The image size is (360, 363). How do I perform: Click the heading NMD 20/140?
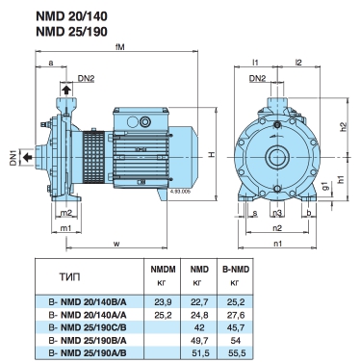(71, 16)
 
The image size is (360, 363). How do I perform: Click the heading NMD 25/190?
(71, 32)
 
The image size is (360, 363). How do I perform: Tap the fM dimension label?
(120, 47)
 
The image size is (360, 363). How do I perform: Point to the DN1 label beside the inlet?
(13, 157)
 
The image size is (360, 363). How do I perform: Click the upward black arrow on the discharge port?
(66, 90)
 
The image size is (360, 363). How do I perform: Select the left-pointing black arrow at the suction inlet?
(27, 157)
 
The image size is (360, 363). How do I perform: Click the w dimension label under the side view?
(116, 244)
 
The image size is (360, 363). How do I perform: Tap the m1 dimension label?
(65, 227)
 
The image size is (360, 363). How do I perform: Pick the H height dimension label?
(212, 154)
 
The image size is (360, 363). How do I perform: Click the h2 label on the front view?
(344, 127)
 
